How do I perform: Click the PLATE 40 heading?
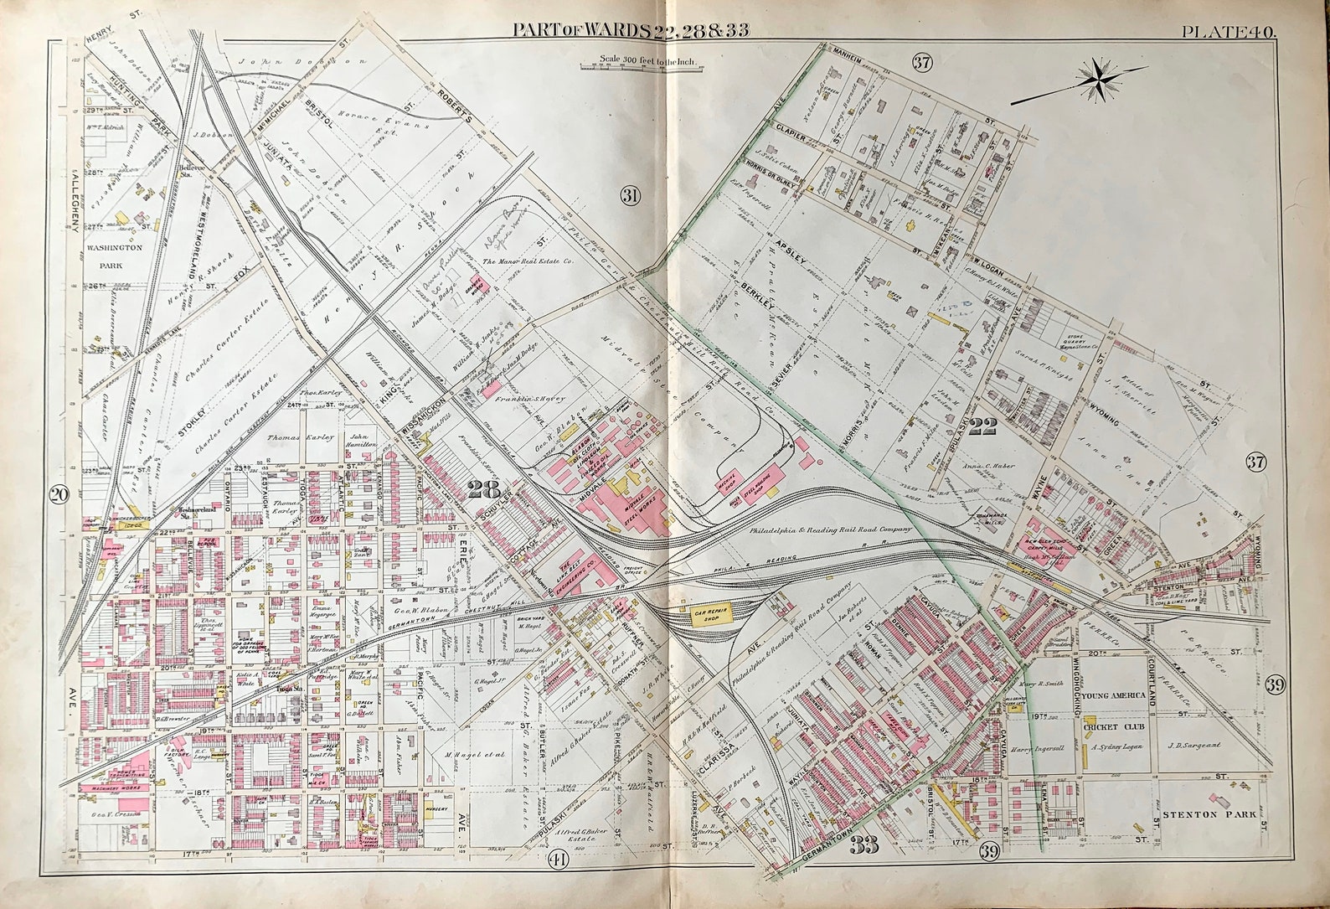pyautogui.click(x=1228, y=32)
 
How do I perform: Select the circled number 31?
pyautogui.click(x=630, y=196)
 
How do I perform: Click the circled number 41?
pyautogui.click(x=558, y=858)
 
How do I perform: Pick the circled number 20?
pyautogui.click(x=58, y=494)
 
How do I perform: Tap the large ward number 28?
pyautogui.click(x=483, y=489)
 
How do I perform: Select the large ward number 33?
pyautogui.click(x=863, y=846)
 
